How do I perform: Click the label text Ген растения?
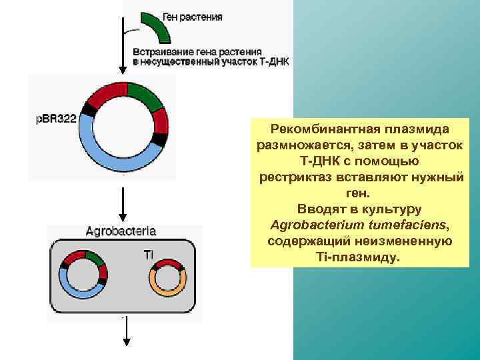pos(193,17)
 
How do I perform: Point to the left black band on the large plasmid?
pos(88,109)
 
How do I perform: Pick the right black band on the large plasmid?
pos(160,139)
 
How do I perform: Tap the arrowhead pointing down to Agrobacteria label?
pos(122,217)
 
